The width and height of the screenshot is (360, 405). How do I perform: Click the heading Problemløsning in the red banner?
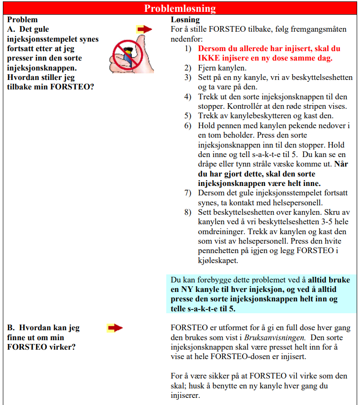click(180, 9)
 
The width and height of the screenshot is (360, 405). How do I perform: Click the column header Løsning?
click(185, 20)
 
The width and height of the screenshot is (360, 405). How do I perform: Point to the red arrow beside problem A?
click(144, 29)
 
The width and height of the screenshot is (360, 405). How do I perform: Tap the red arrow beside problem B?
click(115, 327)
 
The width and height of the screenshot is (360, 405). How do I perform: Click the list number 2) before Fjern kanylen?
click(188, 68)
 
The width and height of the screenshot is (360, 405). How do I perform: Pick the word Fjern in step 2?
click(207, 68)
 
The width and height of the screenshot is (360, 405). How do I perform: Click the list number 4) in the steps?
click(188, 97)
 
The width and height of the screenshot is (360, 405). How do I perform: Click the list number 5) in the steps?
click(188, 115)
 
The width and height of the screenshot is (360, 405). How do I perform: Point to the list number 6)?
click(188, 125)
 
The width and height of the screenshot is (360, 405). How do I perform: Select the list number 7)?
click(188, 193)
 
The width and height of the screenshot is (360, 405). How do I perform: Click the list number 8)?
click(188, 212)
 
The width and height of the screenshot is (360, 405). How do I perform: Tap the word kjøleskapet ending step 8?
click(218, 260)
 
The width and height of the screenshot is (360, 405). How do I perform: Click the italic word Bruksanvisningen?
click(269, 338)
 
